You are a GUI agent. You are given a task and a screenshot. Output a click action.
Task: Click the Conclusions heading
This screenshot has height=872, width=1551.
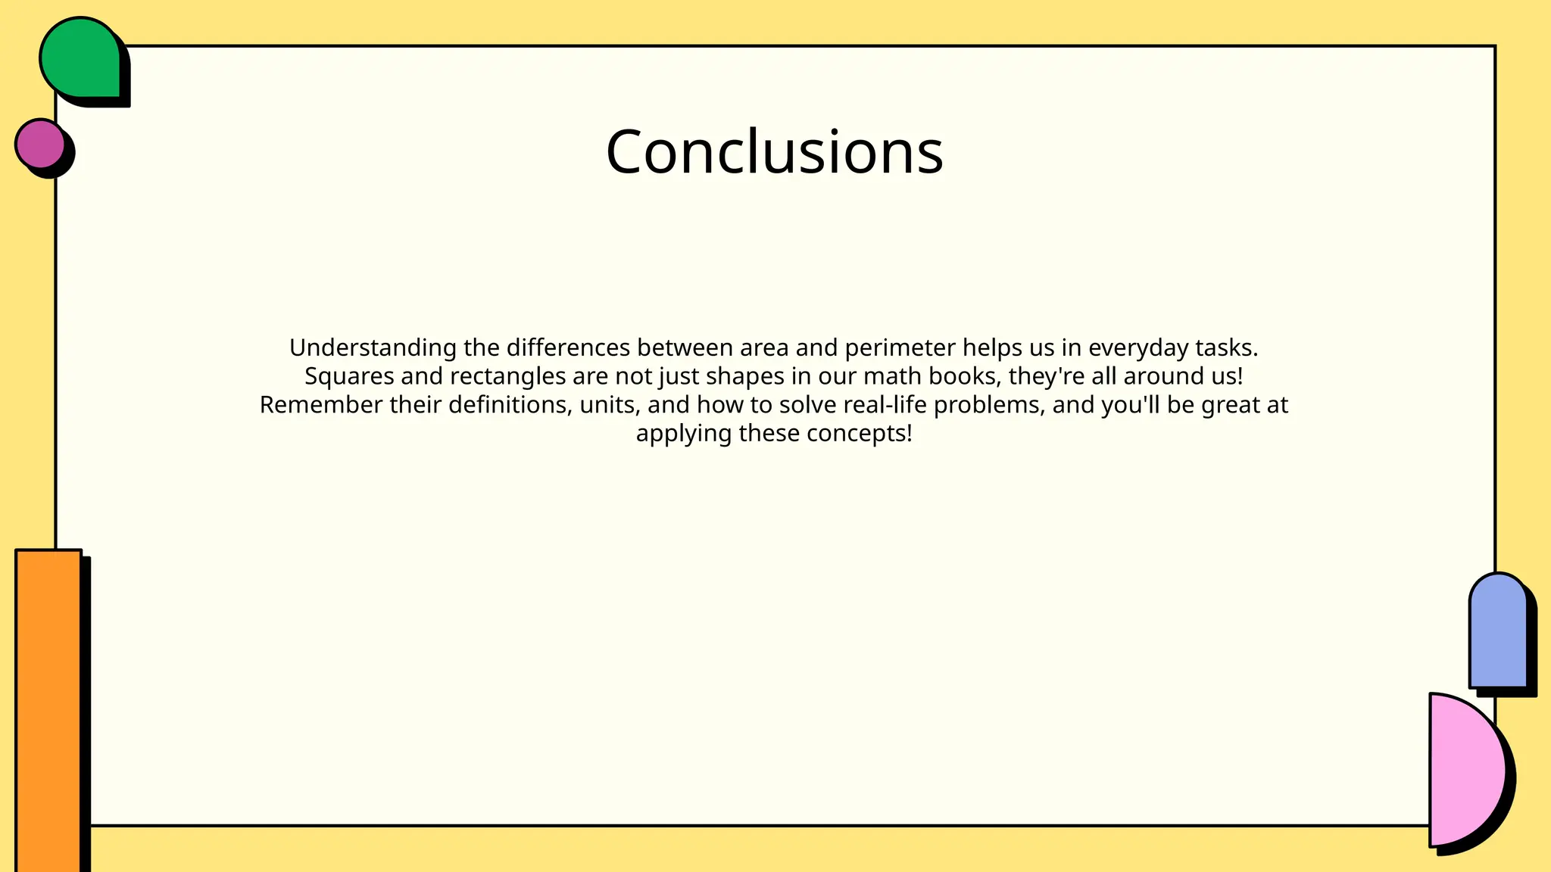point(774,152)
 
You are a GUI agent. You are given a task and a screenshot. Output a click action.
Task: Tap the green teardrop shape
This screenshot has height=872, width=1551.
point(80,58)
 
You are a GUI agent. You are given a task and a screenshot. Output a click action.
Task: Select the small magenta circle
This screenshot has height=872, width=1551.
point(40,144)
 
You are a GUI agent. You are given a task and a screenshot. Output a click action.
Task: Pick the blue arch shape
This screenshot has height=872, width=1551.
point(1497,632)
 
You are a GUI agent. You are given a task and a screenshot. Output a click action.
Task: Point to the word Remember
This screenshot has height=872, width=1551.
point(321,405)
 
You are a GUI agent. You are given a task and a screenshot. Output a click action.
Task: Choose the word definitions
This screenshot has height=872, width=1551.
point(510,405)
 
